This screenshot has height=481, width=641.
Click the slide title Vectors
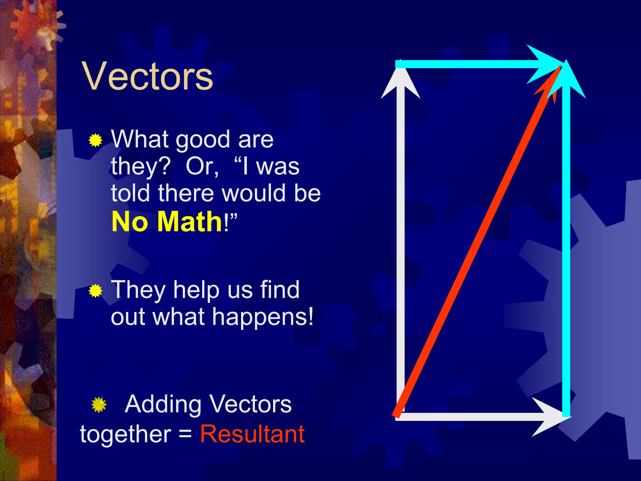coord(147,76)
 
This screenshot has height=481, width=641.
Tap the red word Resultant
coord(252,434)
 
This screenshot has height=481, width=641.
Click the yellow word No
coord(130,222)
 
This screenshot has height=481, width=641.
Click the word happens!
coord(263,317)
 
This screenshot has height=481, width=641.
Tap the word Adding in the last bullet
coord(163,405)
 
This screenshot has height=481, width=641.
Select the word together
coord(125,434)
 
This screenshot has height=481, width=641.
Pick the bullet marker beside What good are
coord(95,140)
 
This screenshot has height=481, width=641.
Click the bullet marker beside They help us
coord(95,291)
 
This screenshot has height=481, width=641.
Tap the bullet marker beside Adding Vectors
coord(99,405)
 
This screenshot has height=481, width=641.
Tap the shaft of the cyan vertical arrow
coord(566,251)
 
